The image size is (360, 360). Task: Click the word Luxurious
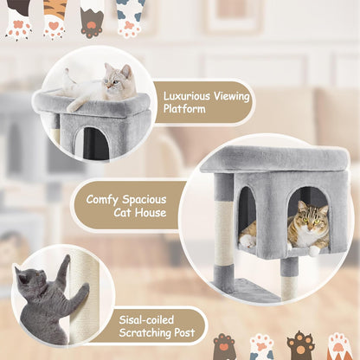(x=183, y=96)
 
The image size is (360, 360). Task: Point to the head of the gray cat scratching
(x=33, y=280)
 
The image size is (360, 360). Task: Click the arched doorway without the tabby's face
(x=247, y=216)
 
